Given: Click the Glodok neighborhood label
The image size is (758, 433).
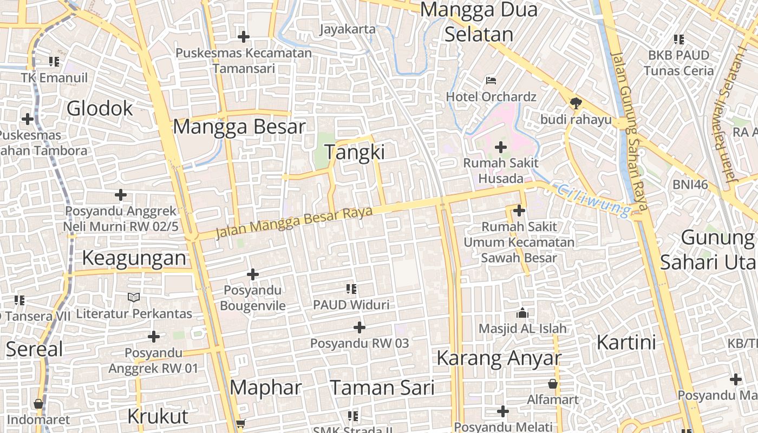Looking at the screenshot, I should pos(100,109).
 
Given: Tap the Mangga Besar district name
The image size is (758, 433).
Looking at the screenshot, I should pos(239,127).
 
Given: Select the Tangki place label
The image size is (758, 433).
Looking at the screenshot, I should pos(355,152).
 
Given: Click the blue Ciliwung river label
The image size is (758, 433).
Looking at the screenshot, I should pos(594,199).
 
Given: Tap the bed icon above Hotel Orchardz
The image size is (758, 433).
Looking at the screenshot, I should pos(491,81).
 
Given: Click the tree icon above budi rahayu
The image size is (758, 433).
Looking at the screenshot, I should pos(576,103).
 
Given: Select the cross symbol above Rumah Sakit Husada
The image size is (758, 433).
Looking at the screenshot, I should pos(501,147).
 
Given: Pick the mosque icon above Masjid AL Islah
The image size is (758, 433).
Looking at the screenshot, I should pos(522,313).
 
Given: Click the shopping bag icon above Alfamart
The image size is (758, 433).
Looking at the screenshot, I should pos(553,384).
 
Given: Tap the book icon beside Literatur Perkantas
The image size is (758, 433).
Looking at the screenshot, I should pos(134,297).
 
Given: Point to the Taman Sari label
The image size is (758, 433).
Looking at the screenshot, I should pos(382,388).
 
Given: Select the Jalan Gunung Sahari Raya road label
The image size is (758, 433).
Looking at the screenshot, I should pos(630,130).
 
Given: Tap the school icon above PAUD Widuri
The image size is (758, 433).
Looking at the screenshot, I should pos(351,289).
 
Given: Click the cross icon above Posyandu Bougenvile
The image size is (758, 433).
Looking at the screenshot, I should pos(252,275).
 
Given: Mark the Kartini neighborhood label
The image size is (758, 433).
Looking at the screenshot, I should pos(626,343).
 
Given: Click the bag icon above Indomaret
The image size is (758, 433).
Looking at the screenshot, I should pos(38,404).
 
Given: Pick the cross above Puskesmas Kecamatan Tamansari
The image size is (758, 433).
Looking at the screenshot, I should pos(244,37).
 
